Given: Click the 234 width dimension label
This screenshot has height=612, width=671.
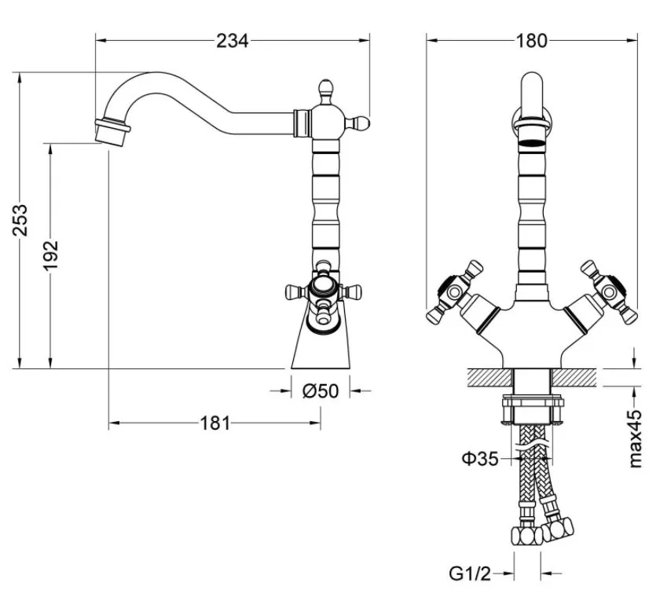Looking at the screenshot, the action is click(232, 41).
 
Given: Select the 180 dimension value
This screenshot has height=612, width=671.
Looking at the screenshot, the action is click(531, 41).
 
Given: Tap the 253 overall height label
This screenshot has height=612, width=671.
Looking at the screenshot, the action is click(20, 220).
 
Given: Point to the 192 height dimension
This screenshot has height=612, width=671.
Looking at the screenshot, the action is click(50, 255).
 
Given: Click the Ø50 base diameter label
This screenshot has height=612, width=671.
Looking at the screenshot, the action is click(321, 390).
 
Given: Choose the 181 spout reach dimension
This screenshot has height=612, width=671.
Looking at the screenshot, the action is click(215, 423).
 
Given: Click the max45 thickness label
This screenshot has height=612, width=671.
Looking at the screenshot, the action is click(636, 438).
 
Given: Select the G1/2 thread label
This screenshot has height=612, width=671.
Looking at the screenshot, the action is click(470, 574).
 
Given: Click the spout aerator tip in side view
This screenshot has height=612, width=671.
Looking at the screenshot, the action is click(112, 131).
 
